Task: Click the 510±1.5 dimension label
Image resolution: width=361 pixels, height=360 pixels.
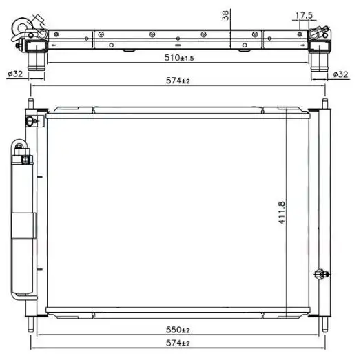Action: (179, 58)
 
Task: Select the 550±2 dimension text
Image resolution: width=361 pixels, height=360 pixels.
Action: (178, 330)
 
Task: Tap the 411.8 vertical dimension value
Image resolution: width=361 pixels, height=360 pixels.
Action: (282, 213)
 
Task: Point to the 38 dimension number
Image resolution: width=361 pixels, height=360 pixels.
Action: (226, 15)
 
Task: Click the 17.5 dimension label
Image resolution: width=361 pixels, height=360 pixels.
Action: (304, 15)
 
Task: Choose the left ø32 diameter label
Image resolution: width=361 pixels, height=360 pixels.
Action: (15, 74)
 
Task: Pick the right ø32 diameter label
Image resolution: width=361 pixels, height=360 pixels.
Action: (340, 74)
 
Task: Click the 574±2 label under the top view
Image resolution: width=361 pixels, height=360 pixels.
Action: (178, 81)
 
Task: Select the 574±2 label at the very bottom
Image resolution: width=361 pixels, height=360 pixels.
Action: (178, 343)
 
